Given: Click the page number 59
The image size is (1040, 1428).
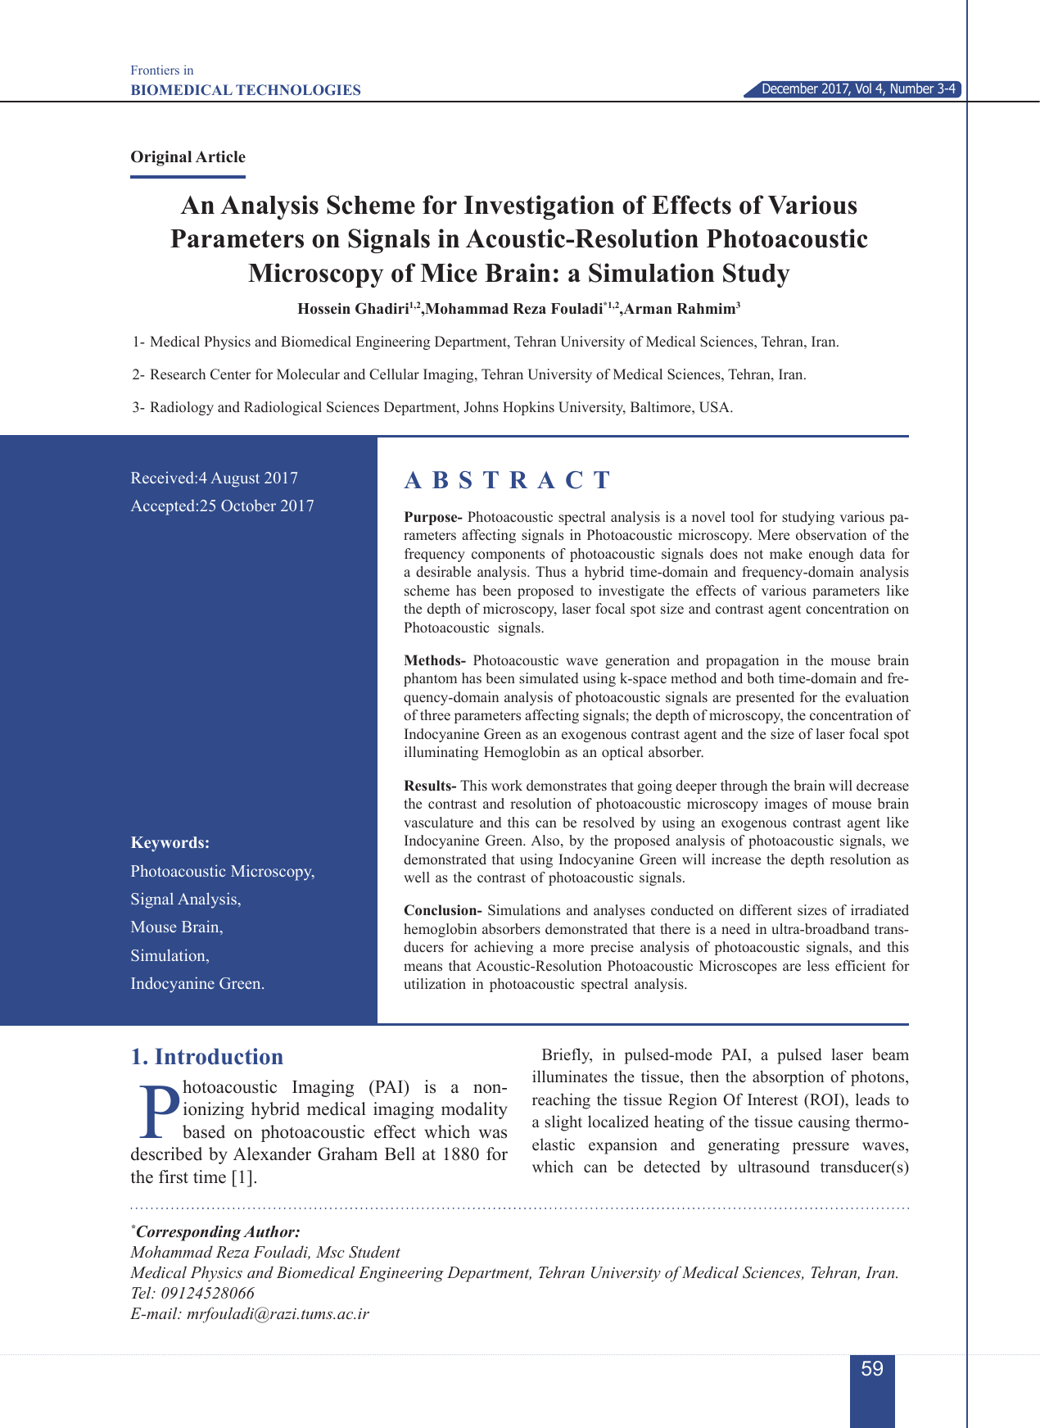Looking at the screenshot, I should [x=872, y=1369].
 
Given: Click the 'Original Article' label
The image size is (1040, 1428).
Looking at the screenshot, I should [x=188, y=157].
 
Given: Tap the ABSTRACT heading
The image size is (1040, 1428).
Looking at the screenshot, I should [x=508, y=480].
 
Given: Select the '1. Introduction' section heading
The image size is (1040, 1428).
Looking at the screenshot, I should [x=207, y=1057].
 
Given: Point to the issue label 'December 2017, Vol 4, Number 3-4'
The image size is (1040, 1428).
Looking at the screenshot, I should [x=858, y=89].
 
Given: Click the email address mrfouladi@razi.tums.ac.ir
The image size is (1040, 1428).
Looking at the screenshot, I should [x=278, y=1314].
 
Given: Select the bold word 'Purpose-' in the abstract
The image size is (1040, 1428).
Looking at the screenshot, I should [x=433, y=518].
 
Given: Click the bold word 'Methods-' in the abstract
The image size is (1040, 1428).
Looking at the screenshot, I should [x=435, y=661].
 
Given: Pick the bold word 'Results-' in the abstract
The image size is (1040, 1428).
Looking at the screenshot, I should [x=431, y=787].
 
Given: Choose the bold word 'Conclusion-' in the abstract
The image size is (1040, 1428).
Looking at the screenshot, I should [x=442, y=911].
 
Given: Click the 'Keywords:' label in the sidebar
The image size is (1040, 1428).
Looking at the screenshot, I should [x=170, y=843].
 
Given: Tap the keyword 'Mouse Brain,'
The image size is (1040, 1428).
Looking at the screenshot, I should [x=177, y=927].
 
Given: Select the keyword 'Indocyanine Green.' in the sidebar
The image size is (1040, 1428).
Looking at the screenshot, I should [x=197, y=984].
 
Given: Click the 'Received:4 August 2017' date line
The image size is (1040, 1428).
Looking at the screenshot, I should [x=215, y=478].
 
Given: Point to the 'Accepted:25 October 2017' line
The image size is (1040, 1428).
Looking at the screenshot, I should [x=223, y=506].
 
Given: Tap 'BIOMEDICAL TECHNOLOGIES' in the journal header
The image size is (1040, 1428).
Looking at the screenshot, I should [x=246, y=90].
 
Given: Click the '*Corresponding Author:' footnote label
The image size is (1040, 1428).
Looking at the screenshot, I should [x=216, y=1232].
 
